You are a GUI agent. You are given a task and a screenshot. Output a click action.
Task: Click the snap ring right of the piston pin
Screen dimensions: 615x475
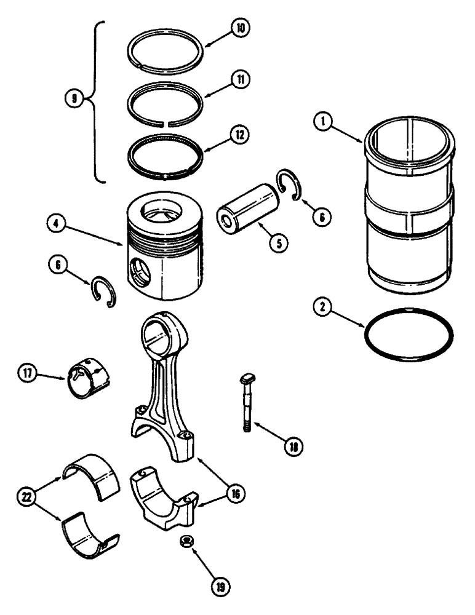[x=289, y=183]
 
